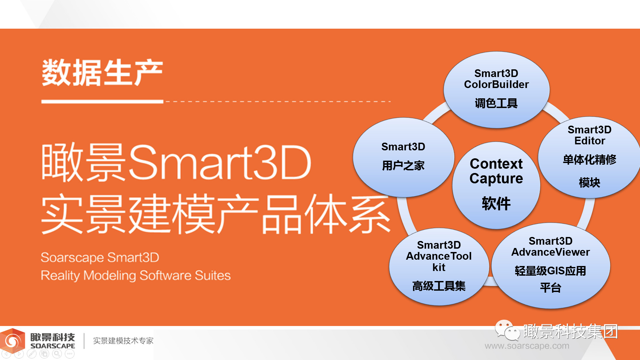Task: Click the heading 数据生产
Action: pos(102,73)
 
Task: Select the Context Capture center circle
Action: pos(496,185)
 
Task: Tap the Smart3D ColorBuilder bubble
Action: pos(496,90)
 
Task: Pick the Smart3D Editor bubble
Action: pos(589,157)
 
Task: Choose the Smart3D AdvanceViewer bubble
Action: pos(551,266)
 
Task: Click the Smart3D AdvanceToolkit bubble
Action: pos(439,267)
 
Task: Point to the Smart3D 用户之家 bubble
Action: pos(403,157)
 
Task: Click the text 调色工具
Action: pos(496,103)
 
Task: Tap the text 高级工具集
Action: pos(439,286)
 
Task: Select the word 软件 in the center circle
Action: pos(496,203)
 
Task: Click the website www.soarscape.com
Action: pos(527,346)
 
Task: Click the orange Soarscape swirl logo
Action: pos(13,341)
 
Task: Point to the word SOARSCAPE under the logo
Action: pos(53,346)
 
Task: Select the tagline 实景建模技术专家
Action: pos(123,341)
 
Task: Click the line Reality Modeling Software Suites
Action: pos(136,276)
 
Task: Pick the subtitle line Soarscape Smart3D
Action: pos(100,257)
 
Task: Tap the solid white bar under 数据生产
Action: pos(102,101)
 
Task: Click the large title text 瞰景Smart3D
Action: pos(176,162)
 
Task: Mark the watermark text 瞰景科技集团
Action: pos(571,331)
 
